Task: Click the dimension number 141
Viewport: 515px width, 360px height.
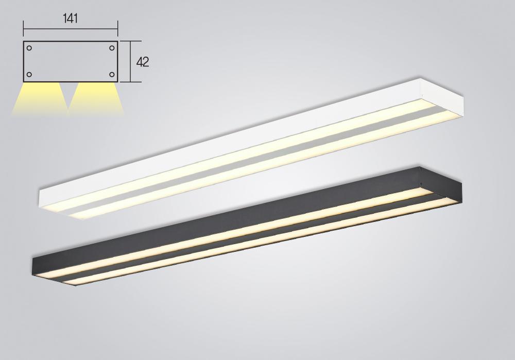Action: [70, 19]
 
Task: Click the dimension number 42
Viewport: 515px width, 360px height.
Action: [143, 62]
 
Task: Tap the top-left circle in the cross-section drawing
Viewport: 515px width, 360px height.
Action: [29, 48]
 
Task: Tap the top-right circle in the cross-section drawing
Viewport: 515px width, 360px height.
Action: [112, 48]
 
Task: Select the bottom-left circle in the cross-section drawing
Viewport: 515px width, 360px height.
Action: [29, 75]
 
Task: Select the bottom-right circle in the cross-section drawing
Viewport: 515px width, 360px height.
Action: [112, 75]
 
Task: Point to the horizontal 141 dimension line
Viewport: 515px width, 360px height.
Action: [70, 29]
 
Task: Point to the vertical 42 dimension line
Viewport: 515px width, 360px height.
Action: [131, 61]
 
